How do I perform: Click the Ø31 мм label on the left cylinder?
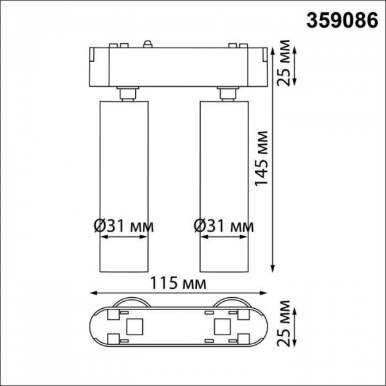coord(124,226)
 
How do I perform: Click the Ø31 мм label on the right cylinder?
coord(224,226)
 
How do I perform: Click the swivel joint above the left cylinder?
coord(126,93)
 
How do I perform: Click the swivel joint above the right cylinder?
coord(227,93)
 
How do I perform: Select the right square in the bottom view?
coord(222,326)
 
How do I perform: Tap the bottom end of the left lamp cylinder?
coord(124,270)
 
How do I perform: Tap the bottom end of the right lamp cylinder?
coord(225,270)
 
